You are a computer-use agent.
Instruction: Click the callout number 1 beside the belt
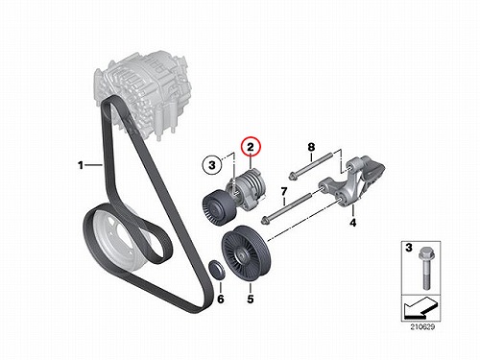(x=81, y=165)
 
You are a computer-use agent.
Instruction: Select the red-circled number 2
(x=251, y=148)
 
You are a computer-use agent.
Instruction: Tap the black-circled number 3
(x=212, y=165)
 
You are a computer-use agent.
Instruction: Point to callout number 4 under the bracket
(x=352, y=223)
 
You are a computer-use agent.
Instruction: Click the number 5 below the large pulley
(x=251, y=299)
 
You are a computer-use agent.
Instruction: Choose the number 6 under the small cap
(x=221, y=299)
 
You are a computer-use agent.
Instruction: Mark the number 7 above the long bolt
(x=284, y=192)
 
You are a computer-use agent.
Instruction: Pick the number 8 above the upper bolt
(x=311, y=147)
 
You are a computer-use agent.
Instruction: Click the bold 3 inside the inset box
(x=409, y=248)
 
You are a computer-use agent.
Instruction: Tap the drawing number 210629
(x=422, y=327)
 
